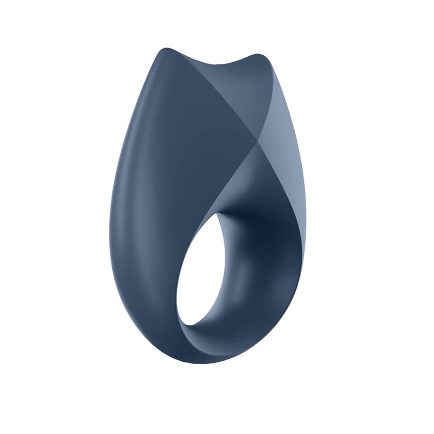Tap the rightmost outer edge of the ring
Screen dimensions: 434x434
click(306, 219)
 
